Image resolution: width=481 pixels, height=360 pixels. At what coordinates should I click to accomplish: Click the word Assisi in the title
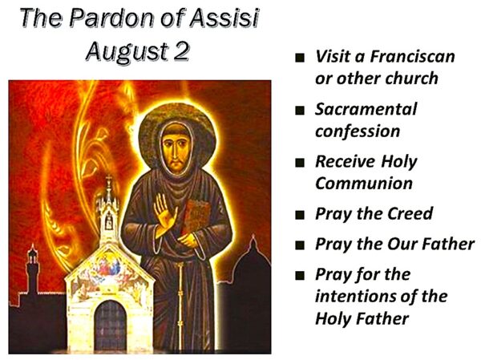[224, 18]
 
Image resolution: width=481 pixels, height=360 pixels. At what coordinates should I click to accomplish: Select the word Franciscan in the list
[412, 56]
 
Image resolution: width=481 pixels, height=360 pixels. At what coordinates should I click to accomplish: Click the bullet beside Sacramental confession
[300, 110]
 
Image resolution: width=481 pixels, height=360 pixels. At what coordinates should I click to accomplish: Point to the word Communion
[364, 184]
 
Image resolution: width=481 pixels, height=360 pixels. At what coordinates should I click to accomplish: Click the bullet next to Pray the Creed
[300, 215]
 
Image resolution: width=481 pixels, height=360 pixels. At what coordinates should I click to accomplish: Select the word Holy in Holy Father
[333, 319]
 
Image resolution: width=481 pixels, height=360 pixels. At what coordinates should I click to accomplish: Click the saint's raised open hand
[164, 215]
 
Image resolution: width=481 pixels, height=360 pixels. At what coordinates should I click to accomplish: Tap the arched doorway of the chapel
[110, 325]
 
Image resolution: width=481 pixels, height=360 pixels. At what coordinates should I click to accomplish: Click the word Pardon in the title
[111, 18]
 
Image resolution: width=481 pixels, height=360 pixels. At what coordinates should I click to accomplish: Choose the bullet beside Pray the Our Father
[300, 245]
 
